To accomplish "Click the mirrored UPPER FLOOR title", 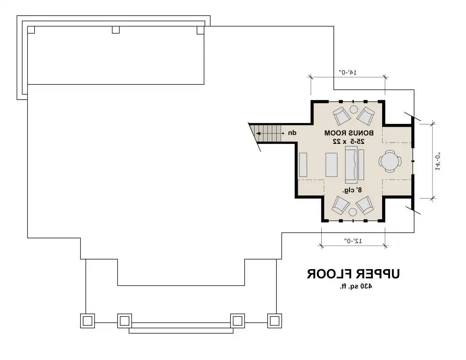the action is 353,274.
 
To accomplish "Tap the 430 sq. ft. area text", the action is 356,286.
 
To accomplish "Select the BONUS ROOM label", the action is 349,133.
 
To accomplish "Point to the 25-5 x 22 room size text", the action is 349,142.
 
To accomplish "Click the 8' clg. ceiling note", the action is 352,190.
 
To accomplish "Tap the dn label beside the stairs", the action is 292,133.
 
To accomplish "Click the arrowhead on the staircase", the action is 258,134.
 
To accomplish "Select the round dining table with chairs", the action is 390,161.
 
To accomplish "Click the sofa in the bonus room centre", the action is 351,165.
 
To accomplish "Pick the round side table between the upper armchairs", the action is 353,109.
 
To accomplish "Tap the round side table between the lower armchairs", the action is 353,212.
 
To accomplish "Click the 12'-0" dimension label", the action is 353,240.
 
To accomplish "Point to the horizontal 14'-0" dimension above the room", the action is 348,72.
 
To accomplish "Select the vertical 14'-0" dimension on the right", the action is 438,161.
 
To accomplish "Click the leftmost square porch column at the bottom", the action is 87,321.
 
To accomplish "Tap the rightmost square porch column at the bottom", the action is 274,321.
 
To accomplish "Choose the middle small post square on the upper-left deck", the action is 116,30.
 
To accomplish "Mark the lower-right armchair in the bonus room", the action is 365,205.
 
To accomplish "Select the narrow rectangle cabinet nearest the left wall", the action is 303,165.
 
